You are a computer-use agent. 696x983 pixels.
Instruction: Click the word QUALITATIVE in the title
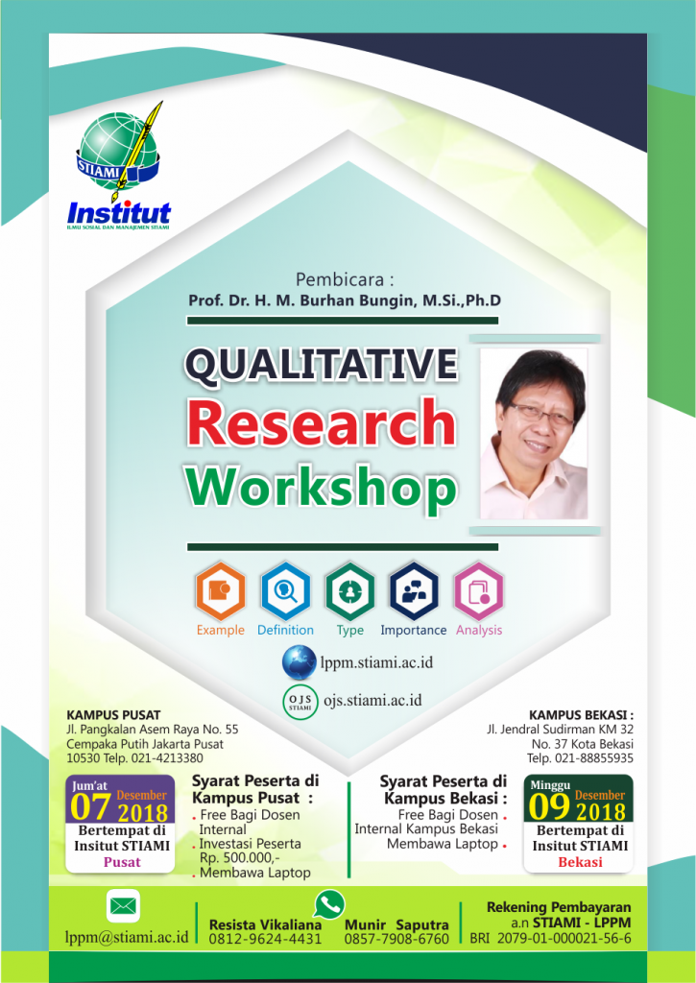click(x=321, y=365)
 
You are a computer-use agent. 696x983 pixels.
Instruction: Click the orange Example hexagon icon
click(x=220, y=591)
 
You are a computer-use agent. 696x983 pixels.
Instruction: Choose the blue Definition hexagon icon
click(x=285, y=591)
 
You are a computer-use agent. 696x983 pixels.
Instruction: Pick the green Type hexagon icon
click(x=349, y=591)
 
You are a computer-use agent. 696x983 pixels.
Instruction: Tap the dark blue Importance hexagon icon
click(x=413, y=591)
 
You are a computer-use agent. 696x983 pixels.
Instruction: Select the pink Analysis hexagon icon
click(x=478, y=591)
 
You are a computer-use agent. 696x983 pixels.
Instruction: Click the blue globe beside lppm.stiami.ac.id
click(x=300, y=663)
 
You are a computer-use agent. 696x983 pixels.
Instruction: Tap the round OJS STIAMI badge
click(x=300, y=702)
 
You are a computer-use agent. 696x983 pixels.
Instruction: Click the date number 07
click(x=90, y=807)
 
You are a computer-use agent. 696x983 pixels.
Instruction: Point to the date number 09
click(x=549, y=807)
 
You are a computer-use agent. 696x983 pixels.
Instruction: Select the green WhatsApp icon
click(x=329, y=904)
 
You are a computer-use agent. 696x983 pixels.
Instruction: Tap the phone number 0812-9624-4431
click(x=265, y=939)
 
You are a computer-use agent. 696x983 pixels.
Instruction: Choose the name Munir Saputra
click(x=396, y=924)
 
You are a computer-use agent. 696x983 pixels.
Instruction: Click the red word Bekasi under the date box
click(x=580, y=862)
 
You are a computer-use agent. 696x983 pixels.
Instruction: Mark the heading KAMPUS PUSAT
click(x=113, y=714)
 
